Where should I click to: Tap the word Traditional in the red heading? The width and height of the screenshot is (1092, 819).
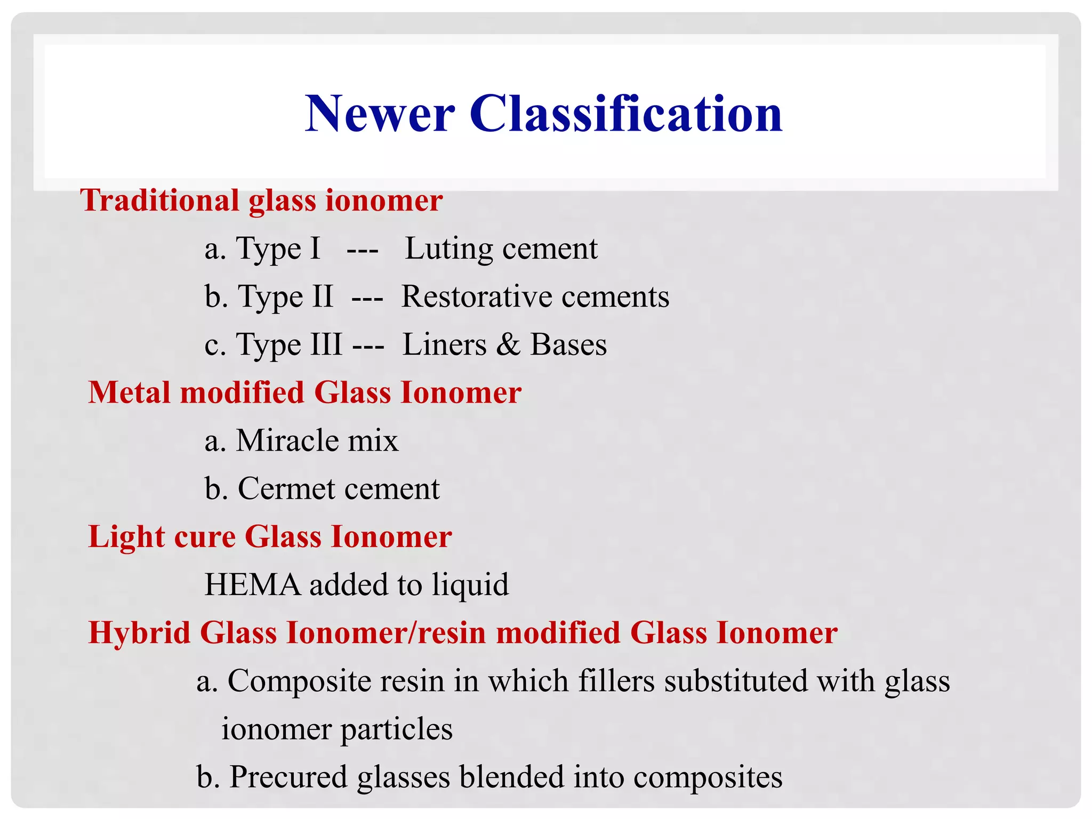pos(160,201)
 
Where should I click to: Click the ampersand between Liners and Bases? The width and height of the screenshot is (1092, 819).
pos(508,344)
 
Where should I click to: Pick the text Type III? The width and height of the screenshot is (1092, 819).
pos(289,345)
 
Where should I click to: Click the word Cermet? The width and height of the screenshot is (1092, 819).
pos(286,489)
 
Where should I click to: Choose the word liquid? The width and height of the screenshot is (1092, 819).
pos(470,585)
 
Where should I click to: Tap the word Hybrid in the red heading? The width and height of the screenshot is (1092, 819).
pos(139,633)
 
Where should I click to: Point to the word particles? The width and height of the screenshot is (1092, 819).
pos(396,730)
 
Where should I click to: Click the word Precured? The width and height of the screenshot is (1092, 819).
pos(288,777)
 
